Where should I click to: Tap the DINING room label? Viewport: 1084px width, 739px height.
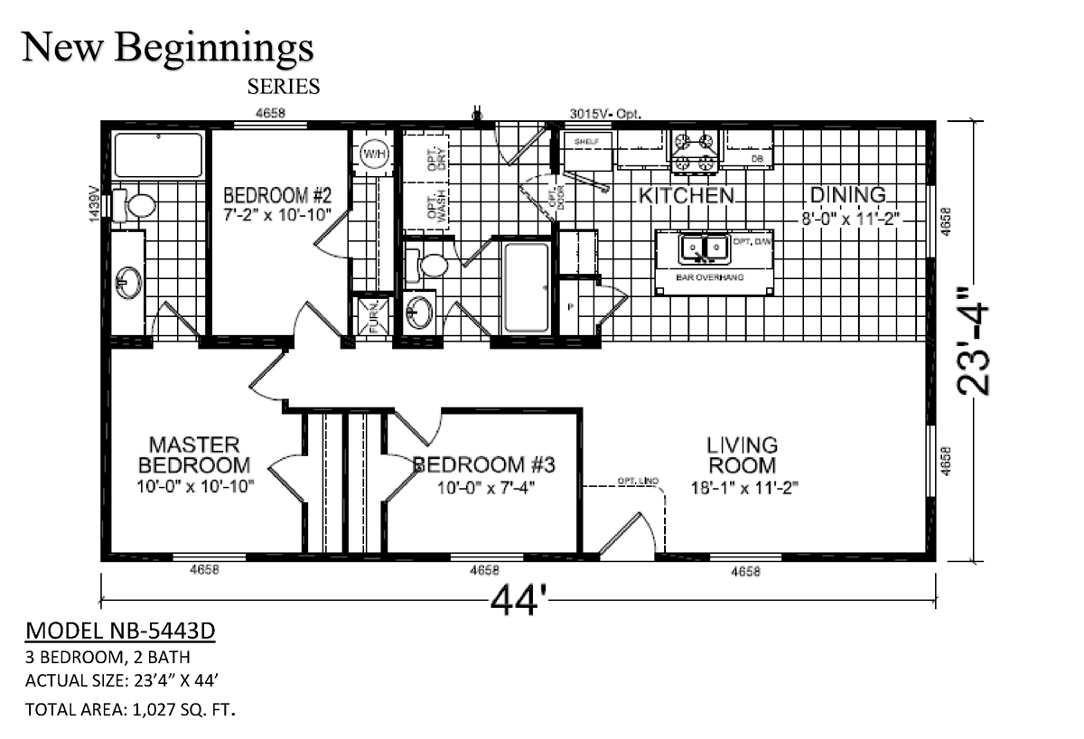(846, 195)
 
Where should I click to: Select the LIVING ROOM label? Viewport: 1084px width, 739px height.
(742, 455)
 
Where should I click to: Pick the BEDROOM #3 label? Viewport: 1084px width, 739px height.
(483, 465)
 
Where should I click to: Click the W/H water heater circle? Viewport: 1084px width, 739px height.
(374, 155)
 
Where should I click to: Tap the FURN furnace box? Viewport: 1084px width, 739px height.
(372, 318)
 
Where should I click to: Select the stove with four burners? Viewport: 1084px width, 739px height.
(694, 152)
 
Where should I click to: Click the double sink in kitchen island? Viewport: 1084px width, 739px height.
(703, 247)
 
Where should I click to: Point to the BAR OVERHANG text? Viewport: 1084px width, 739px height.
(709, 277)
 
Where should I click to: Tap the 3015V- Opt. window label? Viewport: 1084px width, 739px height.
(604, 114)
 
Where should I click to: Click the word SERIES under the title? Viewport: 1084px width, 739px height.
(283, 87)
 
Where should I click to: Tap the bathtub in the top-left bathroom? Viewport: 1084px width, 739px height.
(159, 154)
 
